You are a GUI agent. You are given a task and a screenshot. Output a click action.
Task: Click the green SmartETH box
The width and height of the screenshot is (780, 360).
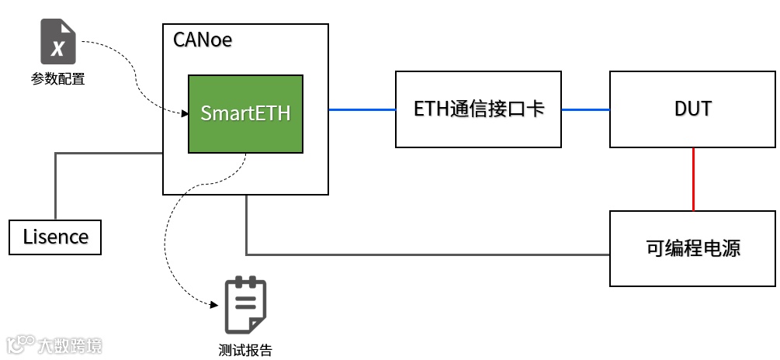[245, 113]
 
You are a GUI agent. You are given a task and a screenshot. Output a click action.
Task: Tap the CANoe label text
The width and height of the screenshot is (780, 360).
[203, 40]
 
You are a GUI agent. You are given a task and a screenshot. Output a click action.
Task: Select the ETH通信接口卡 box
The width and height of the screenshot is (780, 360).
[478, 109]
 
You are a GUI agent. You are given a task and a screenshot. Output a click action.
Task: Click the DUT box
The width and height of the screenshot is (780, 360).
[692, 109]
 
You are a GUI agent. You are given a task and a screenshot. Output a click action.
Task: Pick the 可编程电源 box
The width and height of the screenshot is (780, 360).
[692, 248]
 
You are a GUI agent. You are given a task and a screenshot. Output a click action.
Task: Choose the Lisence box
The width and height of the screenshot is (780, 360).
[55, 237]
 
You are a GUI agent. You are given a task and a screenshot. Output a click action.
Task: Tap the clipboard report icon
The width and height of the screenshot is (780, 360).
[245, 305]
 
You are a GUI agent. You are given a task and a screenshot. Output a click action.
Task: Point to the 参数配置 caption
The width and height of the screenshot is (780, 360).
[58, 78]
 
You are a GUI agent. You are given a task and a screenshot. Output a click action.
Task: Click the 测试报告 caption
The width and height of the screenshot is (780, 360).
[245, 350]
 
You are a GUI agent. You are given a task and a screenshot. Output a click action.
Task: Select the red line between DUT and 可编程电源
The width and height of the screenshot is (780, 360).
[693, 179]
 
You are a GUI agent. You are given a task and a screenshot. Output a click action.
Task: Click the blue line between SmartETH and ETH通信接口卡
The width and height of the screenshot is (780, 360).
[362, 109]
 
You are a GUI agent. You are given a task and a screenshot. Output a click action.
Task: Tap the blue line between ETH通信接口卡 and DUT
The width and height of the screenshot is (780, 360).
[585, 109]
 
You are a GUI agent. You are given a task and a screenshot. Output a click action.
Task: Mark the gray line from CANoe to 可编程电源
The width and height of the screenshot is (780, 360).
[427, 254]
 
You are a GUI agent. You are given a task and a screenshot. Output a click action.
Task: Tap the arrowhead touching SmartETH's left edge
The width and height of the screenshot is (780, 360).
[185, 114]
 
